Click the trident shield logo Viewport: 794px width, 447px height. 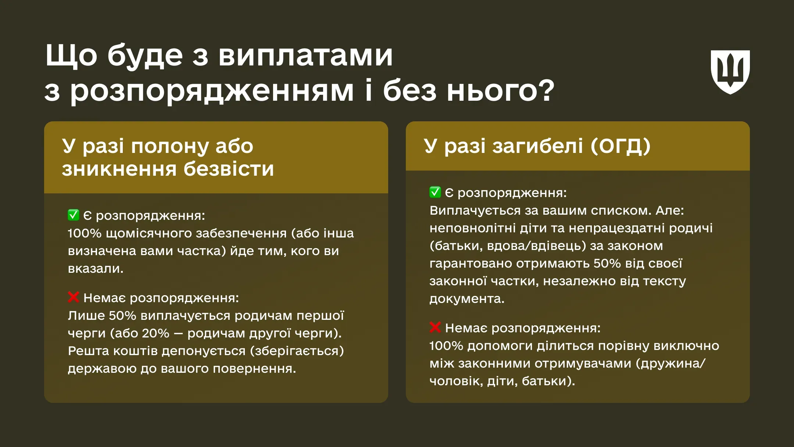(x=730, y=72)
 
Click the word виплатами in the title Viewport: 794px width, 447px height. (x=306, y=56)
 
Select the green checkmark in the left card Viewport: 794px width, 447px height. (x=74, y=215)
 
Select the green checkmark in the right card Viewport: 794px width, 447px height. (x=435, y=192)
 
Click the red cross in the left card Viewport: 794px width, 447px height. (x=74, y=297)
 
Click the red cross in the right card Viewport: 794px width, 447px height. (x=435, y=327)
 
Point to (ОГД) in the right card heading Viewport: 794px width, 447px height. (x=620, y=146)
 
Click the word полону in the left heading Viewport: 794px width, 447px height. (x=170, y=146)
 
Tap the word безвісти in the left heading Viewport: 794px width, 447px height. (x=228, y=169)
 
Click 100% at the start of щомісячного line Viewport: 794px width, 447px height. (x=84, y=233)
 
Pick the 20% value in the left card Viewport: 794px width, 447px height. (x=155, y=333)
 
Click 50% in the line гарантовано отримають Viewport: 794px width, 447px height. (x=607, y=263)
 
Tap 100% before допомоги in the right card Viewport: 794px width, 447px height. (x=446, y=346)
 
